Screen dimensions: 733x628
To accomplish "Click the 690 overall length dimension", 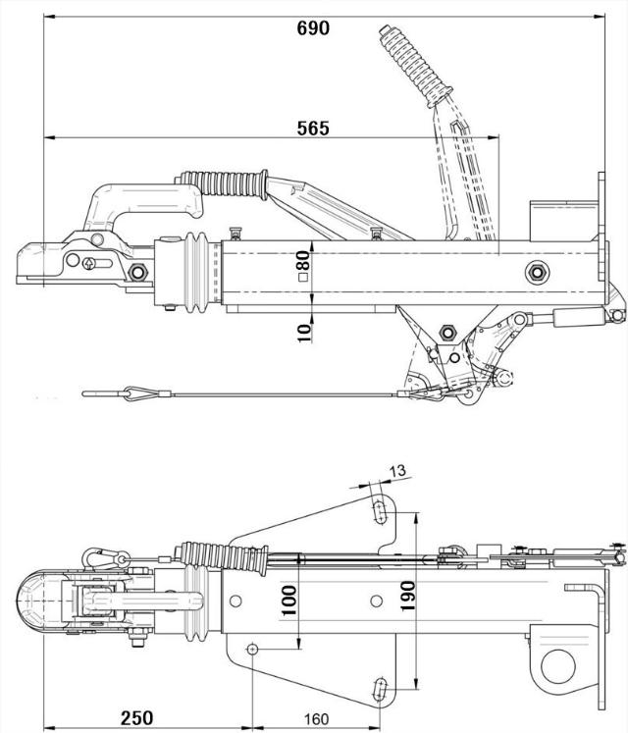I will click(313, 27).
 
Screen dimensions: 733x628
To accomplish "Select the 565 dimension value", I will click(313, 128).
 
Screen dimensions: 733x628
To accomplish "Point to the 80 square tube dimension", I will click(303, 264).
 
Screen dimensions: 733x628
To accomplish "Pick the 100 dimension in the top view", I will click(288, 599).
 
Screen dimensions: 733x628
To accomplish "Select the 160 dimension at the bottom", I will click(316, 718).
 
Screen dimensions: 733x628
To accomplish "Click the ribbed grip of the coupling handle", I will click(225, 183).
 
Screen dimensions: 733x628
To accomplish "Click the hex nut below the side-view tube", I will click(444, 331).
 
